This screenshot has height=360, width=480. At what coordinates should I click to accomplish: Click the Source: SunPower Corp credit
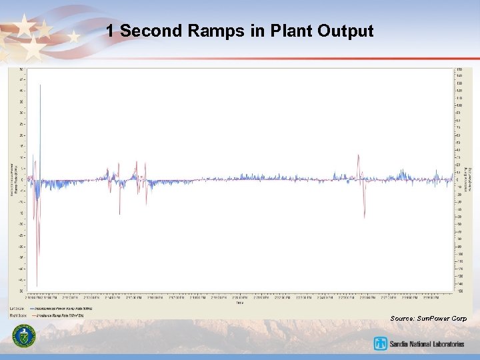click(428, 319)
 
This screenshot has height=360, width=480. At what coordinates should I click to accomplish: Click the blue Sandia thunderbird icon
click(381, 344)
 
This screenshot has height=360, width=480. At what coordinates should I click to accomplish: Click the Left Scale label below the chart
click(17, 309)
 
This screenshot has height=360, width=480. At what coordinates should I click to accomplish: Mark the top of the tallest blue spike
click(40, 85)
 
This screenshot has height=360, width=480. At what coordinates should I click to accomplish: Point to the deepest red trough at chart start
click(37, 285)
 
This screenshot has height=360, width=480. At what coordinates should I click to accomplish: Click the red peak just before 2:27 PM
click(359, 155)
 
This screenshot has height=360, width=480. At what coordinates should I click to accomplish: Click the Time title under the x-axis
click(239, 303)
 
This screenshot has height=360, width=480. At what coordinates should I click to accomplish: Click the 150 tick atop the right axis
click(459, 69)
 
